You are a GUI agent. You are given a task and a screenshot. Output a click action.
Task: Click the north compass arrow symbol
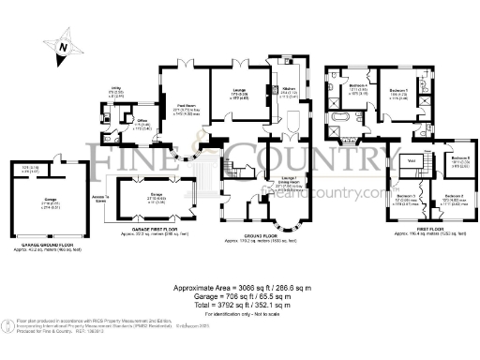(x=62, y=44)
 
